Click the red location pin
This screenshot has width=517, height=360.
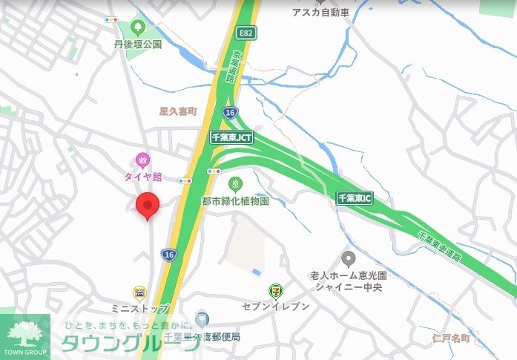tap(148, 206)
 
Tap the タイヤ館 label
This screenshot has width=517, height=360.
tap(142, 177)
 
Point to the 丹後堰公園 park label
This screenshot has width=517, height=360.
tap(137, 44)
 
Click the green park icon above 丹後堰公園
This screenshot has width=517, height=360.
tap(137, 28)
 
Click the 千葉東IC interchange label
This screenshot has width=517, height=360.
tap(354, 197)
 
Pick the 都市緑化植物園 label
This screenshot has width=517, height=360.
tap(235, 200)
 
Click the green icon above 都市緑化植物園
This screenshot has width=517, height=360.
tap(235, 183)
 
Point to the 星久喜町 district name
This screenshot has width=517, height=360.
tap(179, 111)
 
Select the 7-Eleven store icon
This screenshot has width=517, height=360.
tap(275, 292)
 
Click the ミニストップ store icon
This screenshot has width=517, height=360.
tap(139, 293)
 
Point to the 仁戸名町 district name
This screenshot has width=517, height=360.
tap(451, 338)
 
